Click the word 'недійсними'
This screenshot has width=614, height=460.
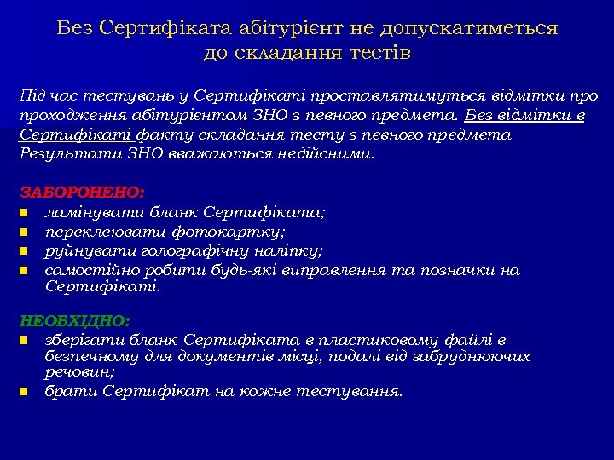(x=327, y=154)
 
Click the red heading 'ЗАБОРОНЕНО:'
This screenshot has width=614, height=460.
(x=83, y=193)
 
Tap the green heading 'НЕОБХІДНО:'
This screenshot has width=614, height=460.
(x=75, y=321)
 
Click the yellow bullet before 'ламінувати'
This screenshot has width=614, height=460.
(x=26, y=213)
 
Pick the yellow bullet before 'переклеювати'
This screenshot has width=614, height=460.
(x=26, y=232)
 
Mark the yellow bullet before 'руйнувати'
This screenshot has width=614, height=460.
(x=26, y=251)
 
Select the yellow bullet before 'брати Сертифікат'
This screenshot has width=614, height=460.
(x=26, y=392)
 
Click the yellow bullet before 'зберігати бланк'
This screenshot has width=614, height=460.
(x=26, y=341)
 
